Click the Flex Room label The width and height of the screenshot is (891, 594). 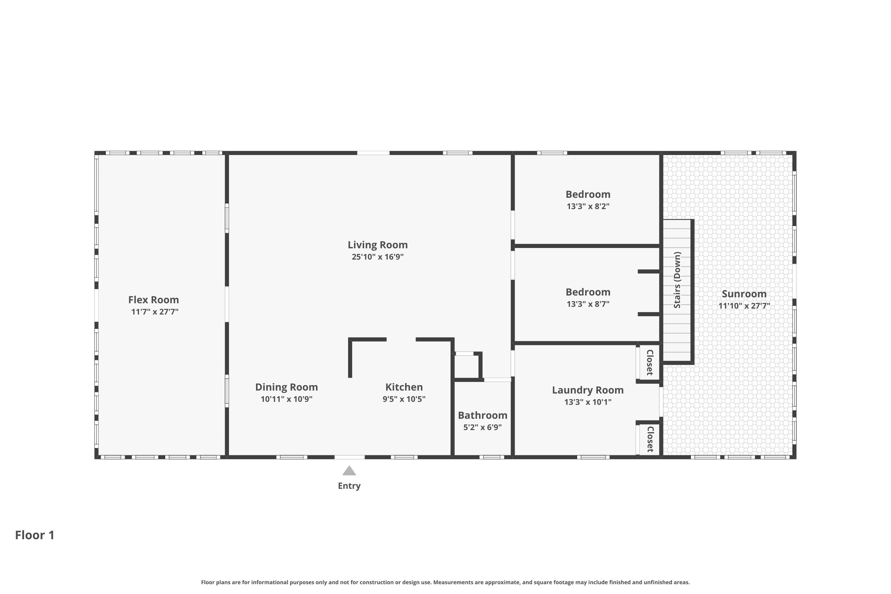point(154,300)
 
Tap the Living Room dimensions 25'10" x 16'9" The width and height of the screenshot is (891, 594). point(378,257)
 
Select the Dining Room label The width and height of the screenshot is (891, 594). point(286,387)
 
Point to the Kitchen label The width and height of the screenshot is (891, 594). point(404,387)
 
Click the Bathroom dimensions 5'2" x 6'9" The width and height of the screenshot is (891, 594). point(483,427)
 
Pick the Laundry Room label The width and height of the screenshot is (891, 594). point(587,390)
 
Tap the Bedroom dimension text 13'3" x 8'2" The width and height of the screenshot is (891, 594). point(588,206)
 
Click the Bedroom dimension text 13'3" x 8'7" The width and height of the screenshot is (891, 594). point(588,304)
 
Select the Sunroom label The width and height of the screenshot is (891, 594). point(744,294)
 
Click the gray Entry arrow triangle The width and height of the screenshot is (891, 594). point(349,470)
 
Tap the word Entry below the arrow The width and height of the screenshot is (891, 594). point(349,486)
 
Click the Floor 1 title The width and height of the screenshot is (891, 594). point(35,535)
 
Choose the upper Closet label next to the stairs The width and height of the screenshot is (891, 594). point(650,363)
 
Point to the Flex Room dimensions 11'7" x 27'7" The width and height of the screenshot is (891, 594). point(154,312)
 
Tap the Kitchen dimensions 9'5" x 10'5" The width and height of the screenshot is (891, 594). point(404,399)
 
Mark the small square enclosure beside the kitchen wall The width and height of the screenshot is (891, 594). point(467,366)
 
